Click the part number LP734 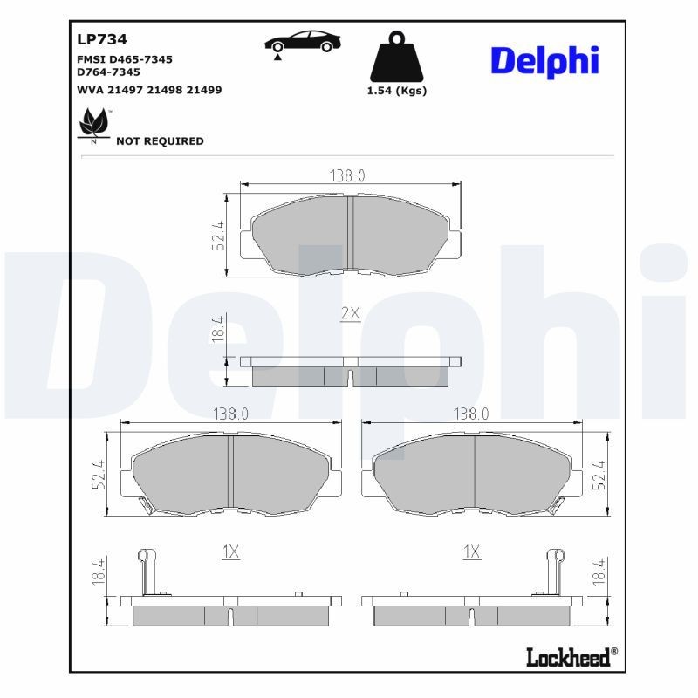(x=102, y=39)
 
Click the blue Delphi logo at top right (x=544, y=60)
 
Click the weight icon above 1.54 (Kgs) (x=398, y=57)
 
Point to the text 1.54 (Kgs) (x=398, y=91)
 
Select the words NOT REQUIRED (x=160, y=141)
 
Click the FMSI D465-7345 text (x=125, y=59)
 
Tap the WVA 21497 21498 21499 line (x=137, y=90)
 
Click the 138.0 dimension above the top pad (x=346, y=175)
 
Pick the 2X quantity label (x=350, y=313)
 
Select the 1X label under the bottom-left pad (x=230, y=551)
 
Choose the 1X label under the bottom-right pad (x=471, y=551)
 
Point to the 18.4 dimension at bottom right (x=599, y=577)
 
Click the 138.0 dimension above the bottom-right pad (x=471, y=414)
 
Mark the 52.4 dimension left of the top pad (x=218, y=236)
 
